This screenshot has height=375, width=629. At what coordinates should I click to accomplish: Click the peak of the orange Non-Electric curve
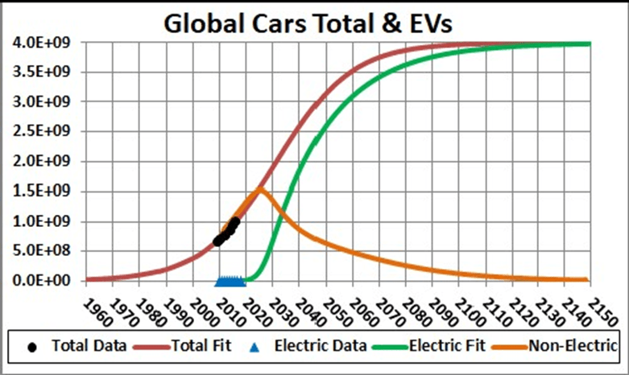tap(260, 188)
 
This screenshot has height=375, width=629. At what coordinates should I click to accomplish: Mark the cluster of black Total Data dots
tap(226, 230)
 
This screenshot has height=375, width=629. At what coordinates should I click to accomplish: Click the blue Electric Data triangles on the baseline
tap(230, 281)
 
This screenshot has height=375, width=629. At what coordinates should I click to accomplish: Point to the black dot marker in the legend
tap(32, 348)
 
